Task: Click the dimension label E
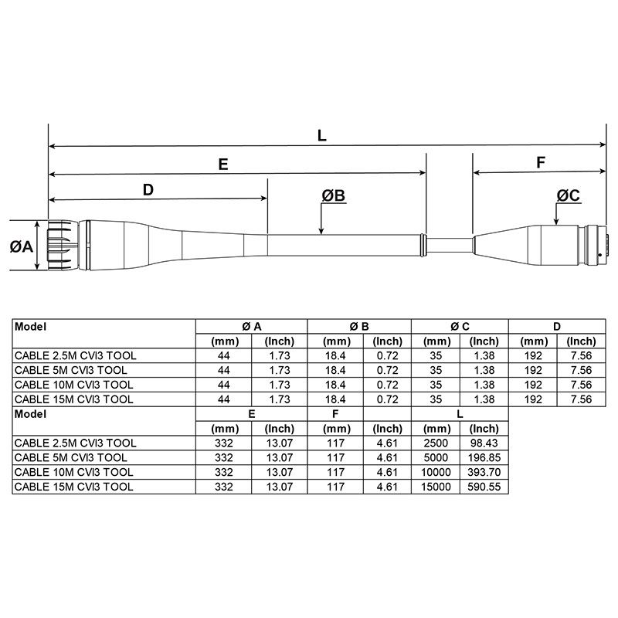coord(223,164)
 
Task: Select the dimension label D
coord(149,189)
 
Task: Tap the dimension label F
coord(541,163)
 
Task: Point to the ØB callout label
coord(334,196)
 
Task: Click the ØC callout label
coord(568,196)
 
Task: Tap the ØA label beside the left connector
coord(21,246)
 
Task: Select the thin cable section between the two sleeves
coord(449,245)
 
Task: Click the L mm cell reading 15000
coord(437,487)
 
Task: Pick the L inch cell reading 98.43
coord(484,443)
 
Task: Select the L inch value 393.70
coord(484,472)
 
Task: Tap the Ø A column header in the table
coord(251,326)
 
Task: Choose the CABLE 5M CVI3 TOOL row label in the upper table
coord(71,370)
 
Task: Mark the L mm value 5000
coord(437,457)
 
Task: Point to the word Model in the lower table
coord(32,413)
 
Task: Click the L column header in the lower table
coord(460,413)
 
